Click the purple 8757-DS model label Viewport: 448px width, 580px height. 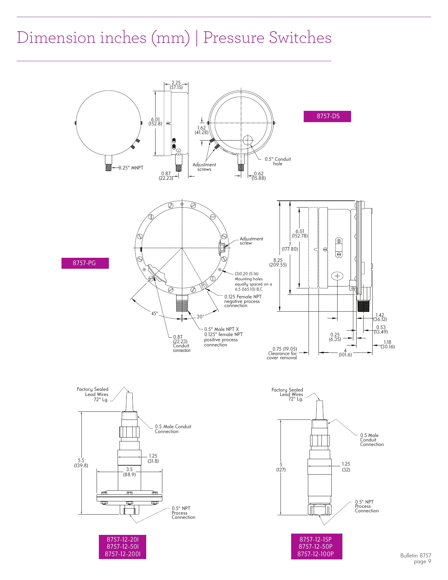[x=327, y=116]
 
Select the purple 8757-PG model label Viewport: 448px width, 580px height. [x=85, y=263]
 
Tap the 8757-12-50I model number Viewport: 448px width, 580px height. [x=122, y=546]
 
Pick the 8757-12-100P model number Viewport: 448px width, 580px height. [x=316, y=554]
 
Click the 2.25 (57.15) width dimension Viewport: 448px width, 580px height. [x=176, y=85]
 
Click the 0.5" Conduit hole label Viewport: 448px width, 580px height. [x=277, y=161]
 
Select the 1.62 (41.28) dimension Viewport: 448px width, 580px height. [x=202, y=130]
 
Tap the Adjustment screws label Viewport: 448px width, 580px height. [x=204, y=167]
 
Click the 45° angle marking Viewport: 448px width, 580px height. [x=155, y=314]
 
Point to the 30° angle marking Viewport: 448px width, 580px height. [x=200, y=317]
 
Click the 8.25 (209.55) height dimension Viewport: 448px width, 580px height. [x=278, y=263]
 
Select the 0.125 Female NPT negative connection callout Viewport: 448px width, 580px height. [x=243, y=301]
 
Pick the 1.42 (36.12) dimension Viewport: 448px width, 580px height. [x=380, y=317]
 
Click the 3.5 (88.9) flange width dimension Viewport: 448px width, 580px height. [x=129, y=472]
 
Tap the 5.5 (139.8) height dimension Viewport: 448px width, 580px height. [x=81, y=463]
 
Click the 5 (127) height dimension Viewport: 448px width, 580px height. [x=281, y=467]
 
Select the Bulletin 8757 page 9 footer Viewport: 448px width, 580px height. [x=415, y=558]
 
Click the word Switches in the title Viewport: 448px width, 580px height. [x=300, y=38]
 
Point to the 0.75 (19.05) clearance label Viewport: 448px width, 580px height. [x=283, y=353]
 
